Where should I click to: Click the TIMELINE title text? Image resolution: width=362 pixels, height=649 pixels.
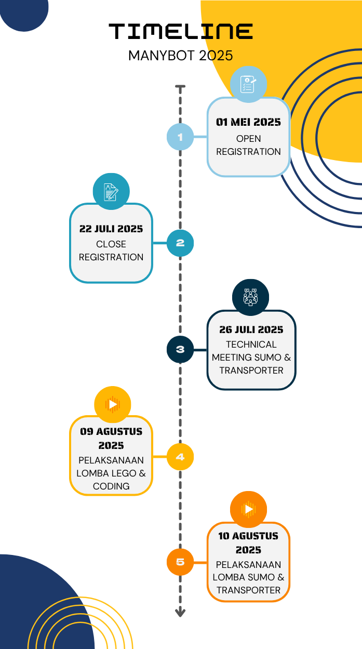pyautogui.click(x=181, y=32)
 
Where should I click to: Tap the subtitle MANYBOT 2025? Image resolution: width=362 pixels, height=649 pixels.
pyautogui.click(x=181, y=55)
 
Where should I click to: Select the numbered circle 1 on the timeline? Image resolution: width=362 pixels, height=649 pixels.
pyautogui.click(x=180, y=137)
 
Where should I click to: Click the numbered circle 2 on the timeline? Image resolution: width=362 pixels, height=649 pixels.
pyautogui.click(x=180, y=243)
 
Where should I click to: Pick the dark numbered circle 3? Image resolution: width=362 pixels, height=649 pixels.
pyautogui.click(x=180, y=349)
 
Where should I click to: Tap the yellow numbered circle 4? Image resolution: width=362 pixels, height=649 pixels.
pyautogui.click(x=180, y=457)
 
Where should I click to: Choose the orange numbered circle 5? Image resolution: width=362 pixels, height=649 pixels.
pyautogui.click(x=180, y=562)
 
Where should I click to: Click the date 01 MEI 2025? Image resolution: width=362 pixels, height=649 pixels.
pyautogui.click(x=248, y=122)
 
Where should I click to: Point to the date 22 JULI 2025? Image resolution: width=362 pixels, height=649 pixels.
pyautogui.click(x=111, y=229)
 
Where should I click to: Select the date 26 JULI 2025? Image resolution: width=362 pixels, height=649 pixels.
pyautogui.click(x=251, y=329)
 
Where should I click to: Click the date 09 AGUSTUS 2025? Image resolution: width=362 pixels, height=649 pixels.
pyautogui.click(x=111, y=438)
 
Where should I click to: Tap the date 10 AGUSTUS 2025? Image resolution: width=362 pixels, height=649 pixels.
pyautogui.click(x=248, y=542)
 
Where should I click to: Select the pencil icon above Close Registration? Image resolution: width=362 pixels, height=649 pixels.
pyautogui.click(x=111, y=191)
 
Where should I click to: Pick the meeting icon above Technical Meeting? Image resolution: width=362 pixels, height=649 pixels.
pyautogui.click(x=251, y=297)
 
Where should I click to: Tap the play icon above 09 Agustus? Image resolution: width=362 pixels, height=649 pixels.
pyautogui.click(x=112, y=404)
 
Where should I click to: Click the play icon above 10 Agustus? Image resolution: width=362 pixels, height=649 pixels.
pyautogui.click(x=248, y=509)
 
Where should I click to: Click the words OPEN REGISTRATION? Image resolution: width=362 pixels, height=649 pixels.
pyautogui.click(x=248, y=145)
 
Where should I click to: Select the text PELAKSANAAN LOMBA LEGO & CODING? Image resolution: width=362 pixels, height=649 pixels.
pyautogui.click(x=111, y=473)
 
